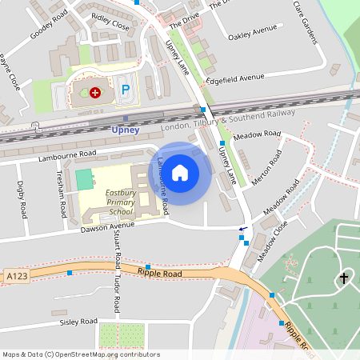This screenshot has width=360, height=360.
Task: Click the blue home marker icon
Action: click(180, 171)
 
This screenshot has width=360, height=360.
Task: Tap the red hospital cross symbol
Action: click(97, 93)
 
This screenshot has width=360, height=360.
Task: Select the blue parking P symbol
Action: click(125, 92)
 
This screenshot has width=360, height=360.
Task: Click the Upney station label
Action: click(125, 130)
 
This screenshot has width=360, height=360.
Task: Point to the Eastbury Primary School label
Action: click(121, 202)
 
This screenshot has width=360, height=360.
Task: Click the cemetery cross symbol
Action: click(344, 278)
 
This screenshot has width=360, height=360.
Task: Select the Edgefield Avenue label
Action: click(234, 78)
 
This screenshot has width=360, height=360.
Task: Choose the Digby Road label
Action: click(21, 199)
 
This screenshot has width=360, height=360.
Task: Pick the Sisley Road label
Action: click(78, 322)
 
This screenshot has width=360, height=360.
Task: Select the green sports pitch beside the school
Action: click(84, 178)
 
